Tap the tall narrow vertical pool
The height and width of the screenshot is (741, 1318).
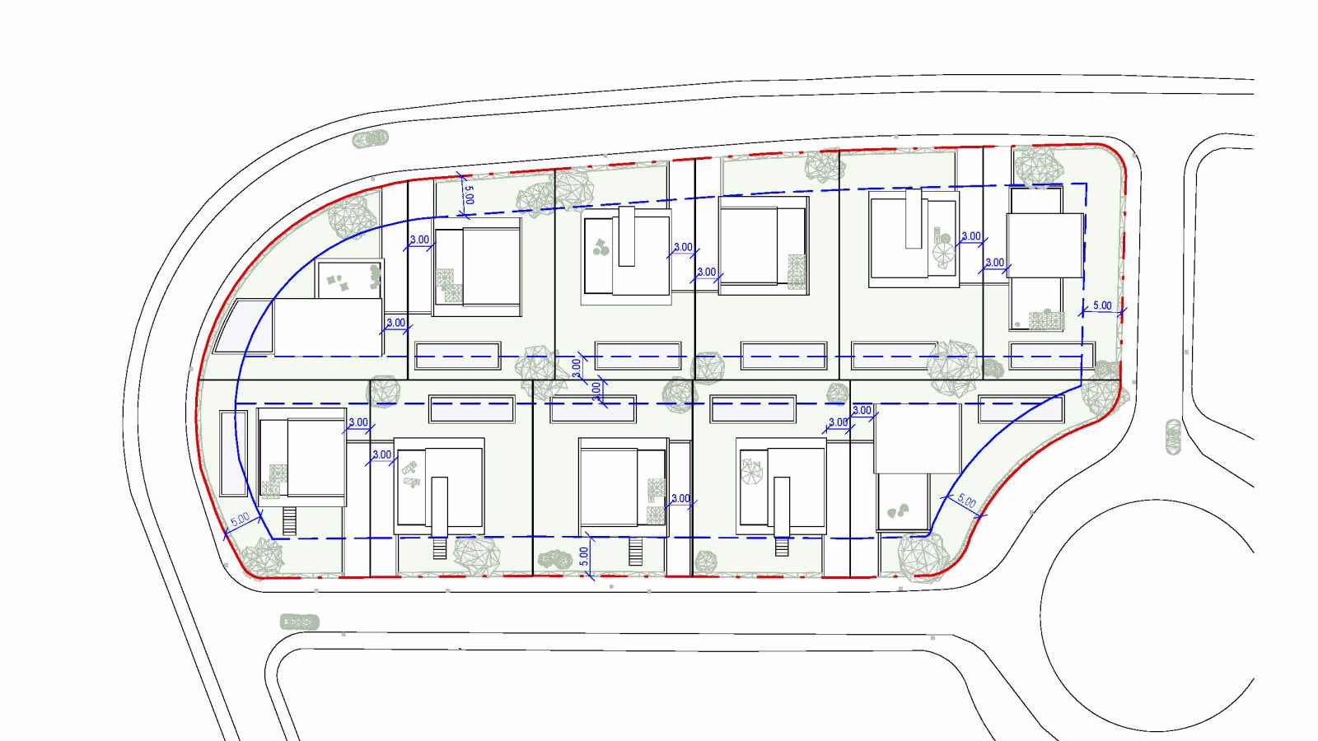coord(234,454)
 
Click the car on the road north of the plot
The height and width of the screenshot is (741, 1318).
coord(371,139)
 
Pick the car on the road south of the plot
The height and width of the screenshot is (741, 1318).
coord(300,622)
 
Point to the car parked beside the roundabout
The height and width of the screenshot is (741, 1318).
coord(1173,437)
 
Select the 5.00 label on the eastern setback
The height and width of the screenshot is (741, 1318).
coord(1102,305)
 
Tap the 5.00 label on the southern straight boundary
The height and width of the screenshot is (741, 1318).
coord(583,556)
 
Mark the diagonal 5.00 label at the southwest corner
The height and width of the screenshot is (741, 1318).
coord(240,520)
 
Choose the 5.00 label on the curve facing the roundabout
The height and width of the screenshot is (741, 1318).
coord(966,501)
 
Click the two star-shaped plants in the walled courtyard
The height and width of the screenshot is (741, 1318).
coord(337,283)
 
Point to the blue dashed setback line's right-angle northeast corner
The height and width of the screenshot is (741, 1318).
coord(1086,184)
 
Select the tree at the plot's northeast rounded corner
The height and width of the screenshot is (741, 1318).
coord(1039,165)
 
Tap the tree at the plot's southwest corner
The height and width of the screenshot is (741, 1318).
coord(262,557)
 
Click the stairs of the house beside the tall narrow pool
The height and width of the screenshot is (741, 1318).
coord(290,520)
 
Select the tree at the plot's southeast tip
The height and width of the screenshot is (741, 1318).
coord(921,557)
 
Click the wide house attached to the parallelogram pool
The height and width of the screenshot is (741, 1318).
coord(328,327)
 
